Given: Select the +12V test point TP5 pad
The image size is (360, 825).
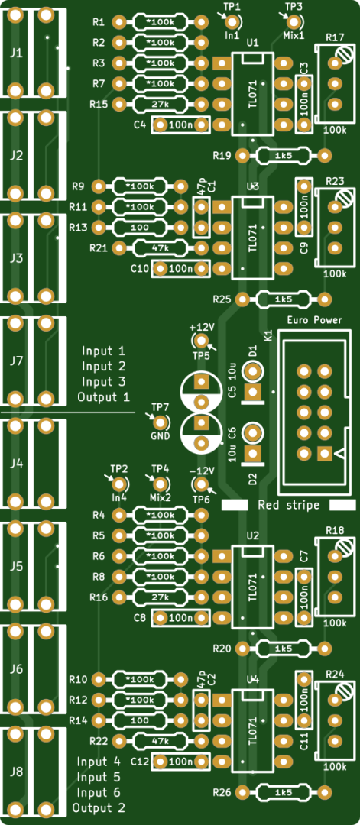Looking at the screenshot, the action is pyautogui.click(x=200, y=341).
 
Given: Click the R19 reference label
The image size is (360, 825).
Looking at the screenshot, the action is pyautogui.click(x=222, y=156).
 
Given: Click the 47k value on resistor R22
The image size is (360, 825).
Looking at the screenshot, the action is pyautogui.click(x=160, y=741).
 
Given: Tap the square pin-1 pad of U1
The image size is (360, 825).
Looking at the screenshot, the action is pyautogui.click(x=222, y=63).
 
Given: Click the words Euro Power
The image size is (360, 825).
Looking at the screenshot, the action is pyautogui.click(x=315, y=320).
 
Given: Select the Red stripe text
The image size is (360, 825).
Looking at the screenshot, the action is pyautogui.click(x=288, y=505).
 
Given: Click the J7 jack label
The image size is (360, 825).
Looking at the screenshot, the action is pyautogui.click(x=17, y=361).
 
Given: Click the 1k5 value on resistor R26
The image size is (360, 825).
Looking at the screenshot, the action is pyautogui.click(x=283, y=791).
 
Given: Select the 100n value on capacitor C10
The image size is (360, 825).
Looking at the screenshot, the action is pyautogui.click(x=180, y=269).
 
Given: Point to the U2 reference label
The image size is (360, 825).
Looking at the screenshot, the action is pyautogui.click(x=253, y=535).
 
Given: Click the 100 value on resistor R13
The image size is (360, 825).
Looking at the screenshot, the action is pyautogui.click(x=139, y=228).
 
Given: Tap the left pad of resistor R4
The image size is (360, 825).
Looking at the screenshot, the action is pyautogui.click(x=119, y=515).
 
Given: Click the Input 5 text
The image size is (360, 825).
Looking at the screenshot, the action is pyautogui.click(x=99, y=777).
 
